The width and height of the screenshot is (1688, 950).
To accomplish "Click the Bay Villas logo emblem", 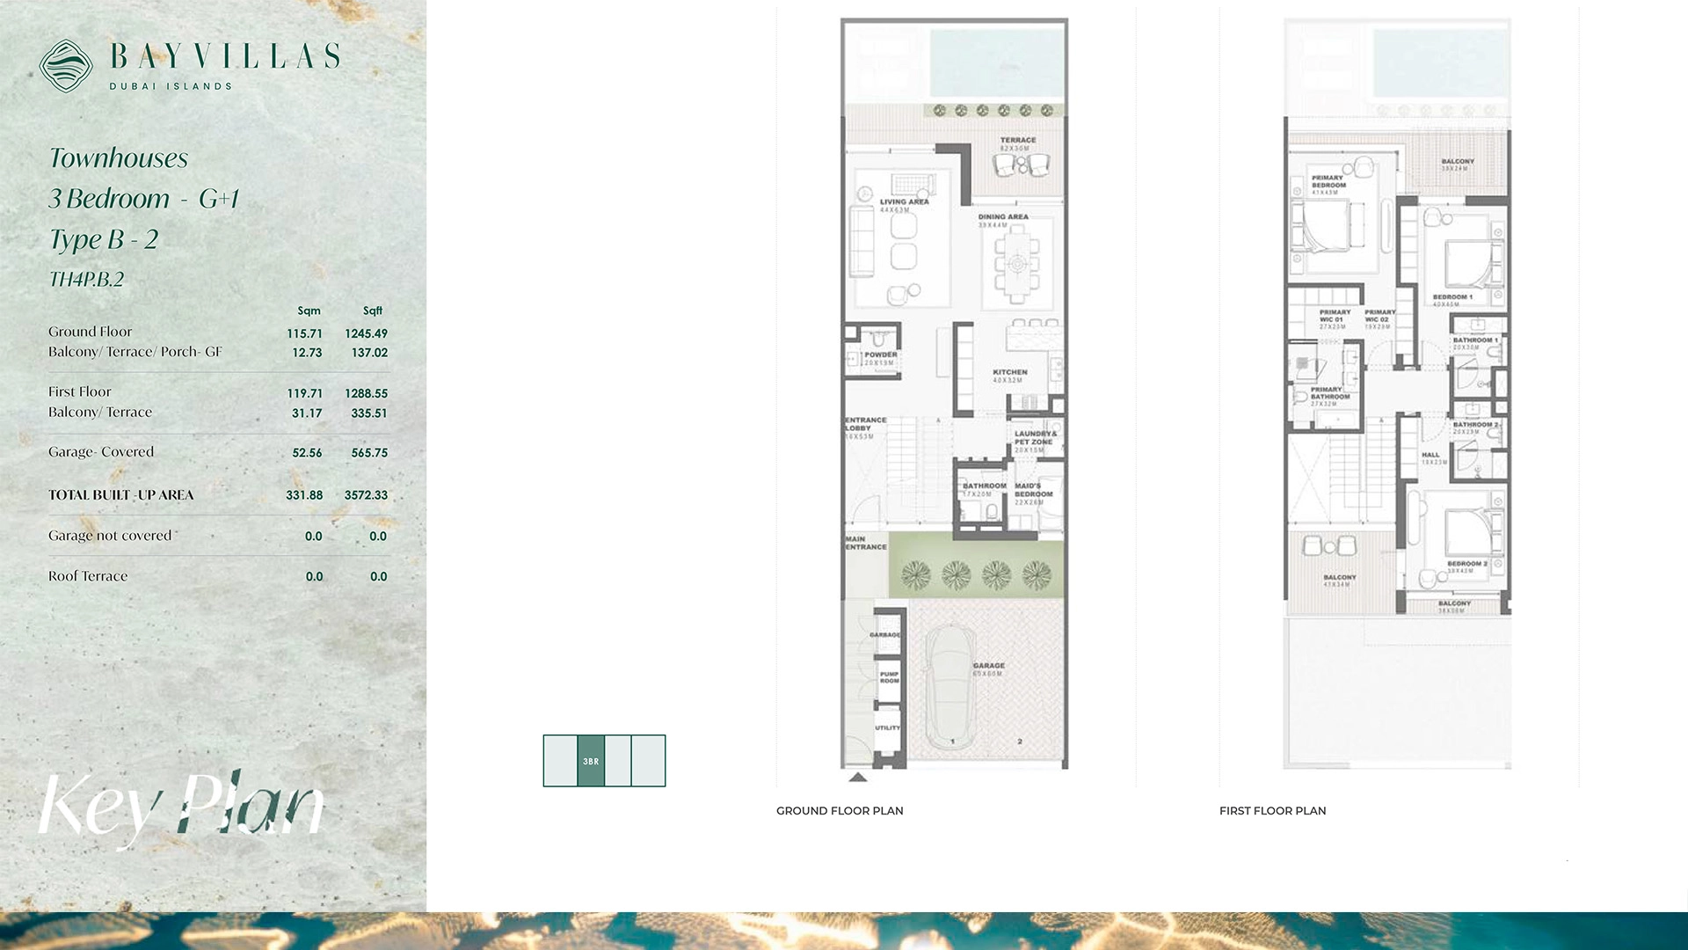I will click(x=66, y=66).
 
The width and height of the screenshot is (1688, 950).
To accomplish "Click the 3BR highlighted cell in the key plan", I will click(x=591, y=761).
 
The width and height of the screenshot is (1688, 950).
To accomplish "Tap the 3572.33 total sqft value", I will click(x=366, y=495).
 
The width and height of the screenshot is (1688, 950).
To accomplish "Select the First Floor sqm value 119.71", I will click(x=304, y=393).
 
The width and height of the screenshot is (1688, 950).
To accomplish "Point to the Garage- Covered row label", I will click(x=101, y=452).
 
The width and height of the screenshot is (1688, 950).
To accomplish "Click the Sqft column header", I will click(x=373, y=311).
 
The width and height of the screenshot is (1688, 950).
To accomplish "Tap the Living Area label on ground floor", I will click(x=904, y=202).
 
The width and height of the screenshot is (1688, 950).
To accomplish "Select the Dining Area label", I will click(x=1003, y=217).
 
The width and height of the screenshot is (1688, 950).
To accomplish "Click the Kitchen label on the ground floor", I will click(x=1010, y=373).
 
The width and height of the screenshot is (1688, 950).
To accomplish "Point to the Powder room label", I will click(x=880, y=355).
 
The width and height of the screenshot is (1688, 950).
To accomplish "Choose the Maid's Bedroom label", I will click(x=1033, y=490).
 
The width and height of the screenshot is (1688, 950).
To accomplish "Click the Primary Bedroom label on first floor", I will click(x=1328, y=182).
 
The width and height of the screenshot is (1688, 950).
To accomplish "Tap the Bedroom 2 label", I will click(x=1466, y=564).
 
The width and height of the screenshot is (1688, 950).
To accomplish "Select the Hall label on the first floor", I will click(x=1430, y=456).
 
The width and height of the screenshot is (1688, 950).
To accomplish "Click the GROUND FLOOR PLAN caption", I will click(x=840, y=811).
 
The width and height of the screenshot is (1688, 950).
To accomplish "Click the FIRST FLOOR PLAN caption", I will click(x=1272, y=811).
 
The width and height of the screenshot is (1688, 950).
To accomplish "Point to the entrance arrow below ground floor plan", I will click(x=858, y=778).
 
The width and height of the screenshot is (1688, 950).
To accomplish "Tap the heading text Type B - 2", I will click(x=104, y=239).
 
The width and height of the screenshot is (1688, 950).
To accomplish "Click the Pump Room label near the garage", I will click(x=889, y=677).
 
